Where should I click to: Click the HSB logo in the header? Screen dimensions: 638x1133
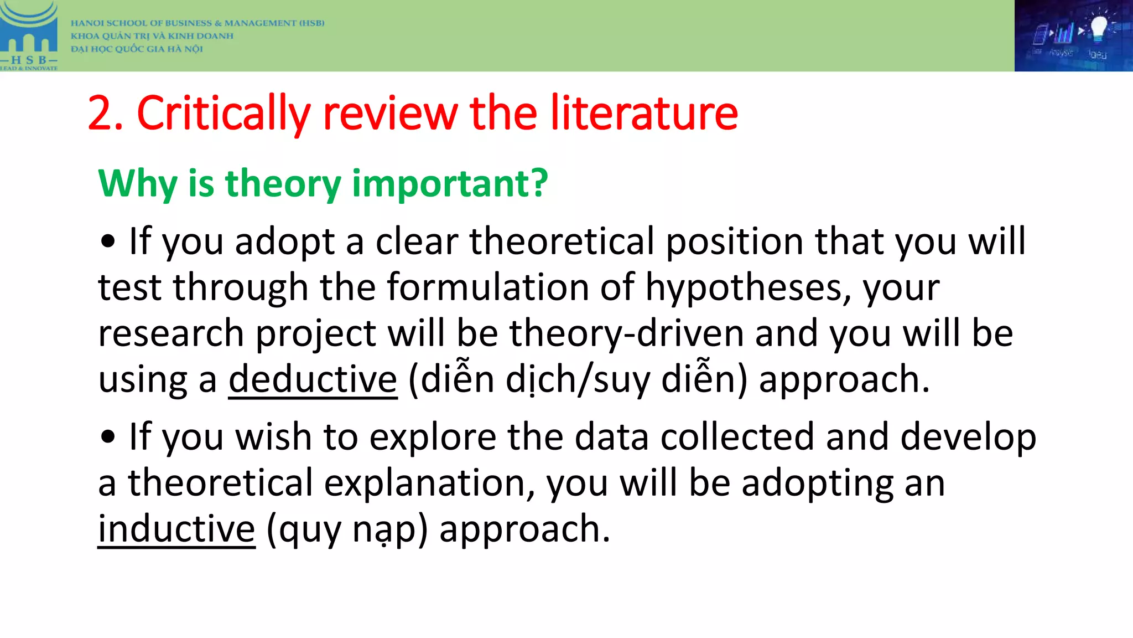(x=29, y=35)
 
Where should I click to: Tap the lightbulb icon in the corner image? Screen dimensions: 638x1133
(x=1098, y=27)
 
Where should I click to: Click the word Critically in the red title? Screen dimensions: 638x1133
(x=224, y=114)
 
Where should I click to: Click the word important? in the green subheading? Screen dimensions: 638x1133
(x=450, y=184)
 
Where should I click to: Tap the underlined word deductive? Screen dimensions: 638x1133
(x=313, y=380)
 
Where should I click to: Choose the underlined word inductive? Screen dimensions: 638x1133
(x=176, y=529)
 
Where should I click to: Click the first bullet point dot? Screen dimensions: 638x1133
(x=108, y=241)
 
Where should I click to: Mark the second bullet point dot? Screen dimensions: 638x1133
(x=108, y=437)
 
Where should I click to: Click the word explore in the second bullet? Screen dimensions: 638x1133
(x=433, y=437)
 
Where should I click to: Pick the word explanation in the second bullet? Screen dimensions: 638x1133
(x=429, y=483)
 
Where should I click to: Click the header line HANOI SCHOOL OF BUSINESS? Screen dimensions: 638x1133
(x=198, y=23)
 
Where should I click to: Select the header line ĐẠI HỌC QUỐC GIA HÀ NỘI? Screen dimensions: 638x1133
(x=137, y=49)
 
